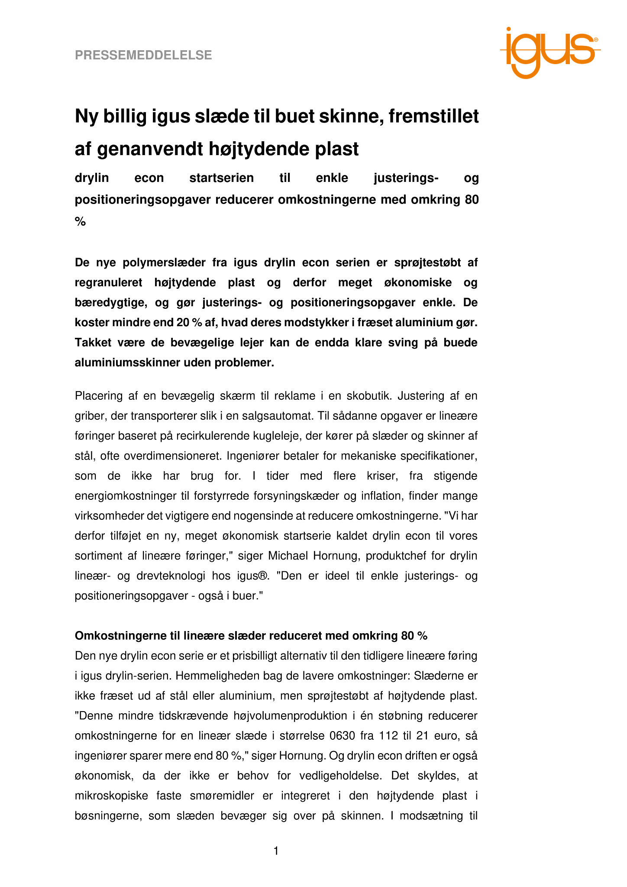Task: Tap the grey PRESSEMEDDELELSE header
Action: [143, 55]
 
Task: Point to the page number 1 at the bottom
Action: [276, 851]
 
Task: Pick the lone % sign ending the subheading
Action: [81, 222]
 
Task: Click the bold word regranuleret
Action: [109, 283]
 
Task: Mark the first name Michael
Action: [286, 556]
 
